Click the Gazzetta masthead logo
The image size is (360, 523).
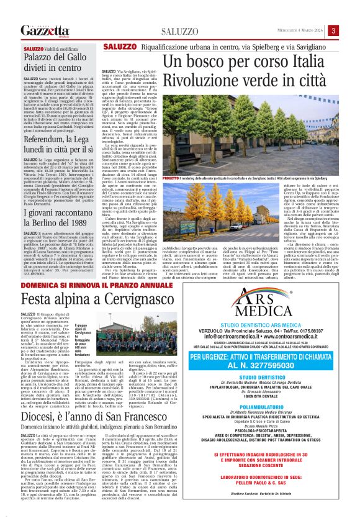[44, 31]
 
